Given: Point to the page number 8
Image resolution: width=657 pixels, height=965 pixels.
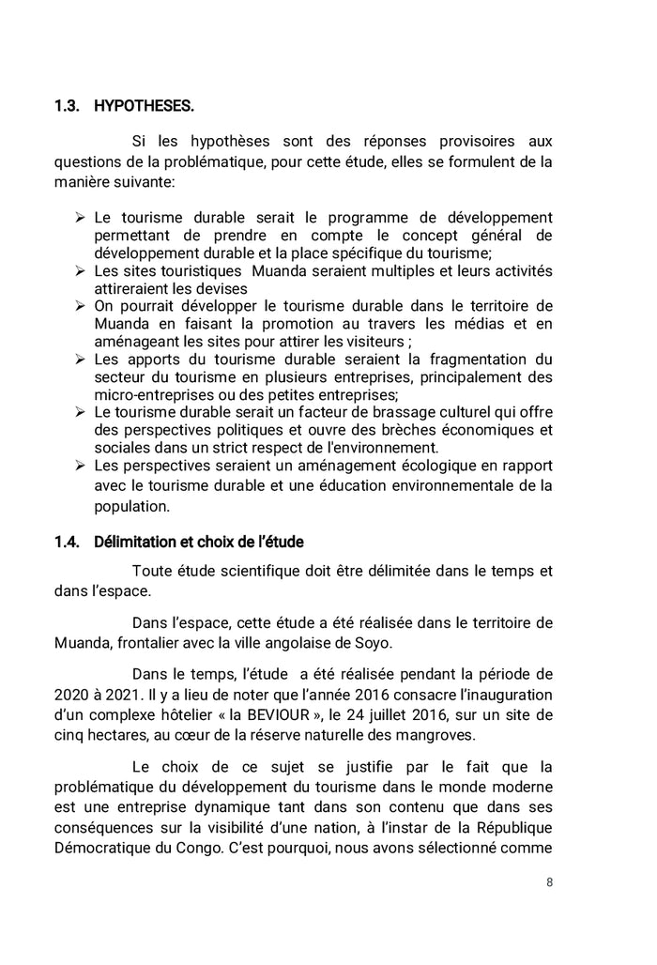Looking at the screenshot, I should click(x=549, y=883).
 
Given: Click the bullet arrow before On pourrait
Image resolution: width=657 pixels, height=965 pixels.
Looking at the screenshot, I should click(x=81, y=306).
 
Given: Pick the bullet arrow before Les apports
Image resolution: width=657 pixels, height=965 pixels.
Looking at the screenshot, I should click(x=81, y=359).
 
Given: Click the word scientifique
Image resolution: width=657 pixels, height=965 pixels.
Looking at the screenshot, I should click(x=243, y=571).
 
